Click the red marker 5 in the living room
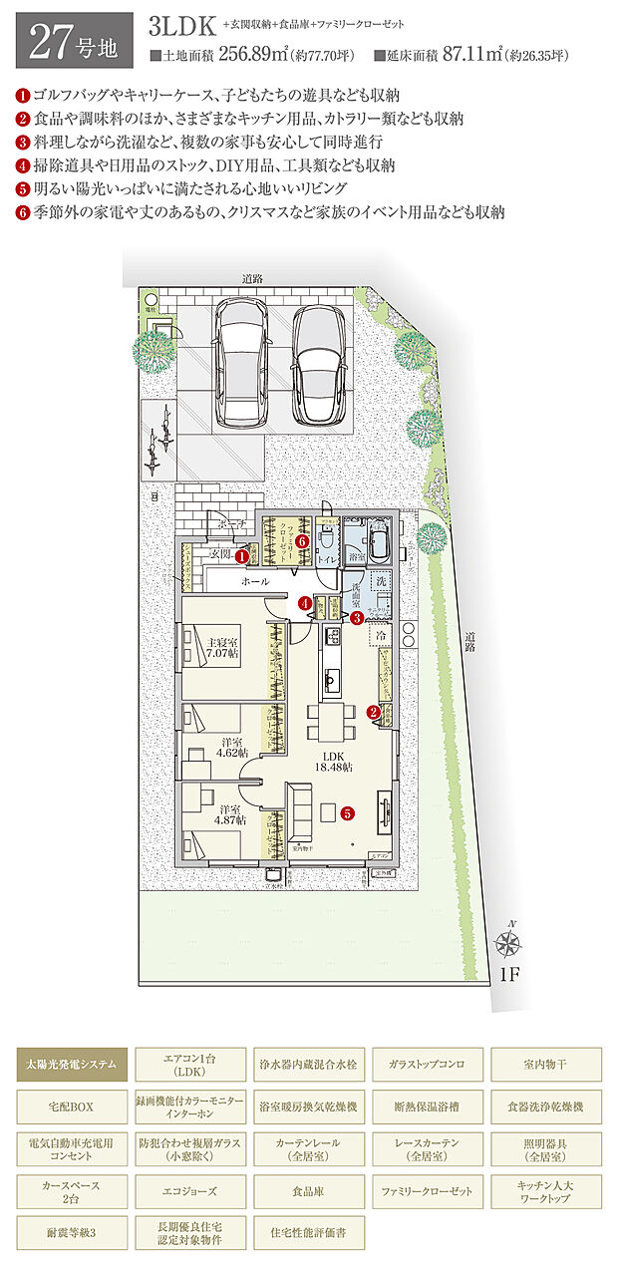point(347,812)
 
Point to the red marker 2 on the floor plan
point(373,712)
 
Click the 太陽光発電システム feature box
point(72,1065)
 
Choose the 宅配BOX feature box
point(72,1107)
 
